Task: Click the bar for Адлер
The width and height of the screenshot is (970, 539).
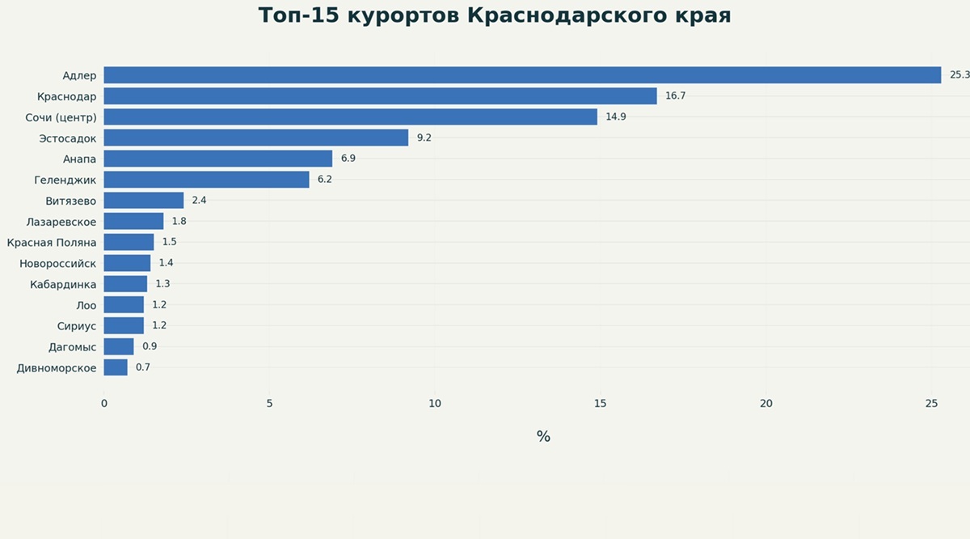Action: point(522,75)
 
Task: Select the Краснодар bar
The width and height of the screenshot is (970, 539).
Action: point(380,95)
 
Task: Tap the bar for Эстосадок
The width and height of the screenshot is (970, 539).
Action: point(256,138)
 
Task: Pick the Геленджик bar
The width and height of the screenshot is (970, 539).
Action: point(207,180)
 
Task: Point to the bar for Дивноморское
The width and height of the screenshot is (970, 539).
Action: point(116,367)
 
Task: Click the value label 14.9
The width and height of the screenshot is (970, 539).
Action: point(616,117)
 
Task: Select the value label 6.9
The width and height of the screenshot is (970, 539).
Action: point(348,159)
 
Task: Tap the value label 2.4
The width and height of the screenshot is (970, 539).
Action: point(199,201)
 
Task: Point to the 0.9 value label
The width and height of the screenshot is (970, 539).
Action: point(150,346)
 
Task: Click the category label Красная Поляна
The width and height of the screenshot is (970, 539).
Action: point(52,243)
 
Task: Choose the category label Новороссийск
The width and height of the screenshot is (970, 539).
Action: point(57,263)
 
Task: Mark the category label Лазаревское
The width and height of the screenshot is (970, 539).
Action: point(61,222)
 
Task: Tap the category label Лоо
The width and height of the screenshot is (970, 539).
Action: point(86,305)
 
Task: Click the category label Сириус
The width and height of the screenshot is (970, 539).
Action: point(77,326)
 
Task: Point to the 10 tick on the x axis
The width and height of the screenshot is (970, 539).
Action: point(435,404)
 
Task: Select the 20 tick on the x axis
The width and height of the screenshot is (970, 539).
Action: point(766,404)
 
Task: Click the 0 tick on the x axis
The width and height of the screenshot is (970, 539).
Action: point(104,404)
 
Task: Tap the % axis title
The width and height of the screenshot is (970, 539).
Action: point(543,436)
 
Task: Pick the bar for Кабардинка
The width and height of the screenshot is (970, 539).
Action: point(125,284)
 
